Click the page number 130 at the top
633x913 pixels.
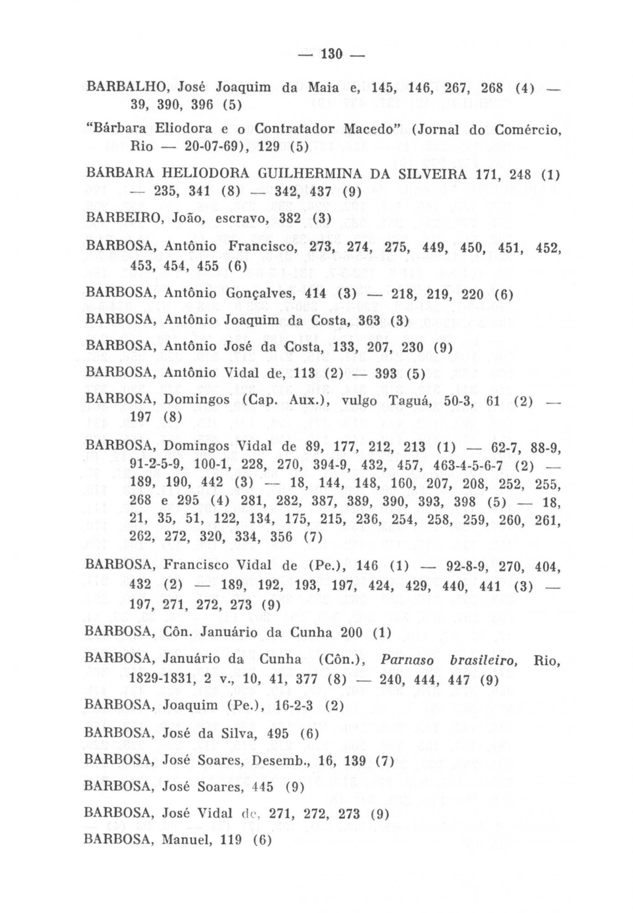click(x=331, y=54)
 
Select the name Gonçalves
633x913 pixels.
click(x=256, y=293)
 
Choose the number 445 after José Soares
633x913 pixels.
click(x=262, y=787)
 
